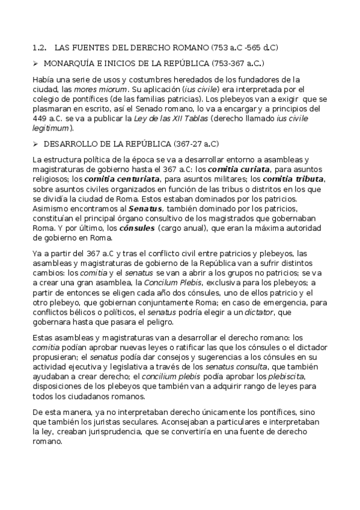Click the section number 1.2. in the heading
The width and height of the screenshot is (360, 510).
click(40, 47)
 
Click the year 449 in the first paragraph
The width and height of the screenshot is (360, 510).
click(39, 118)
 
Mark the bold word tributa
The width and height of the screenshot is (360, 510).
click(305, 179)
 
